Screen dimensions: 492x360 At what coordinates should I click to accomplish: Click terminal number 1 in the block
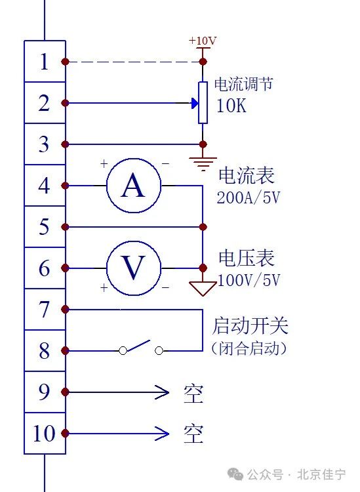click(44, 62)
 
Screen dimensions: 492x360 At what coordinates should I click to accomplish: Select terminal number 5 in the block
click(44, 227)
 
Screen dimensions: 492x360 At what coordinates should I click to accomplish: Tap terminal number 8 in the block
click(44, 351)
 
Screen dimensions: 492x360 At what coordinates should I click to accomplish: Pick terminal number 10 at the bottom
click(44, 434)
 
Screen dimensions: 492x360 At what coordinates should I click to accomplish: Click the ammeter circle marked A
click(134, 186)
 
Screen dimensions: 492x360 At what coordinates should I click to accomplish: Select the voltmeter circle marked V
click(134, 268)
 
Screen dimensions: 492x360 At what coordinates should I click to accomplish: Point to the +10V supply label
click(203, 41)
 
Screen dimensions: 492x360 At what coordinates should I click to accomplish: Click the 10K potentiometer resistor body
click(203, 103)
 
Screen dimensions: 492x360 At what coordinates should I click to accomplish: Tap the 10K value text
click(231, 106)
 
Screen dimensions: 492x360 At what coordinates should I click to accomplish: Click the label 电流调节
click(243, 85)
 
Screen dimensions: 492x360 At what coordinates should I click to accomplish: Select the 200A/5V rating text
click(249, 197)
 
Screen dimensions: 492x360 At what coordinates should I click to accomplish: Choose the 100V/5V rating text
click(249, 280)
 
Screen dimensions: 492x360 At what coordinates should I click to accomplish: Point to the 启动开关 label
click(250, 326)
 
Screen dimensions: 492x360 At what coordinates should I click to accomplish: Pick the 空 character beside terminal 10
click(193, 434)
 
